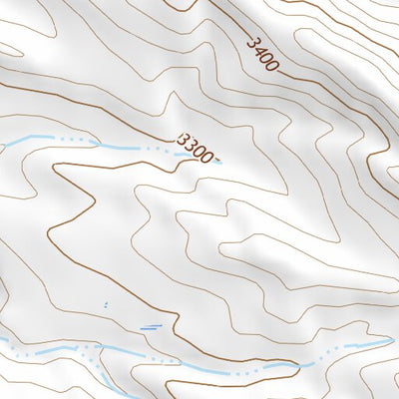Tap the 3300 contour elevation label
(194, 148)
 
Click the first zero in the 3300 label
(198, 151)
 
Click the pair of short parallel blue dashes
(151, 326)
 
